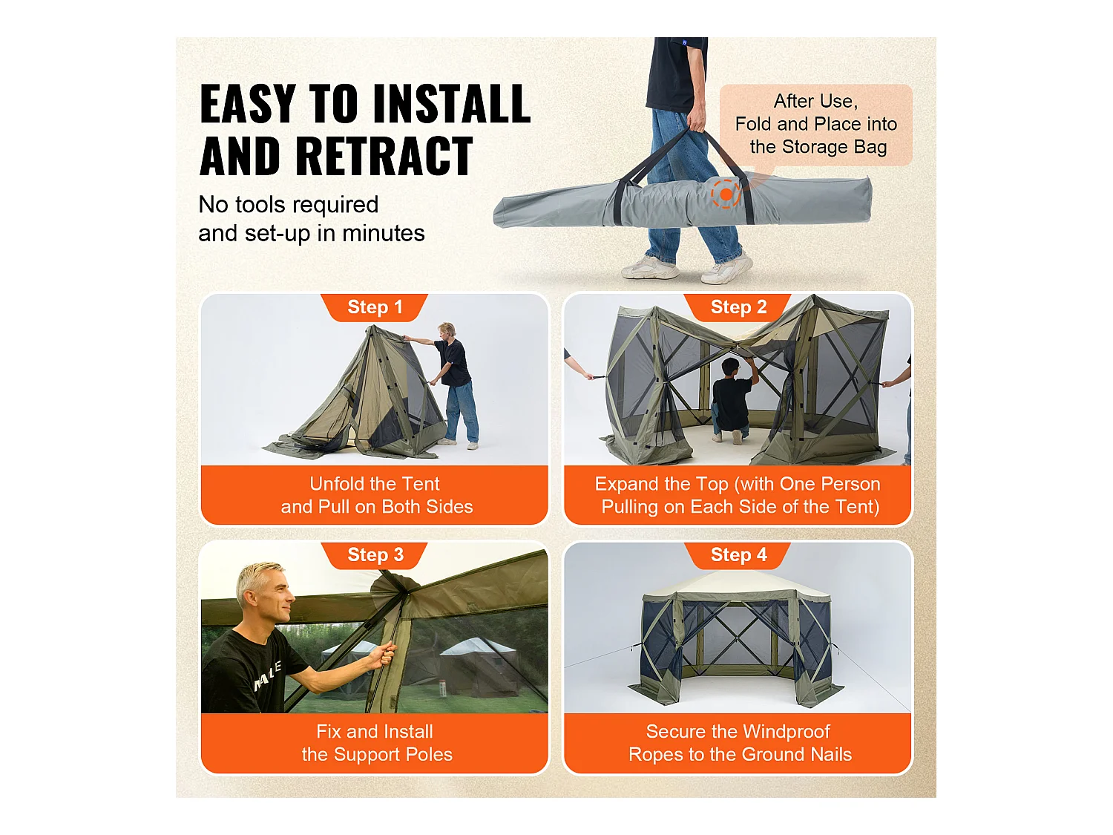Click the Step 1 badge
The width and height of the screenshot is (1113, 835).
375,307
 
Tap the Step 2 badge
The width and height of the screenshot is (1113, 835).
738,307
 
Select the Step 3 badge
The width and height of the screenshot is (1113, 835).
375,555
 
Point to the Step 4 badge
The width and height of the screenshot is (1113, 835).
738,555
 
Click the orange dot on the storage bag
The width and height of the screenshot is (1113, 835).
726,194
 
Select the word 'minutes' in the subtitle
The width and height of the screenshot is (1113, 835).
384,234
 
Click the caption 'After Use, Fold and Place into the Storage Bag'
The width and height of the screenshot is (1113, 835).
816,124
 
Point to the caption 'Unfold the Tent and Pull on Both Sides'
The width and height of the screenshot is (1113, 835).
375,495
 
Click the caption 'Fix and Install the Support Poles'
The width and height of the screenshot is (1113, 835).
375,743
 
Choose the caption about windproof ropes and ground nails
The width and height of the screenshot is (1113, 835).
739,743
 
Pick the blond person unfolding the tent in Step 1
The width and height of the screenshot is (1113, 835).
451,385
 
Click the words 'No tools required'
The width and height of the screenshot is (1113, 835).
289,205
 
